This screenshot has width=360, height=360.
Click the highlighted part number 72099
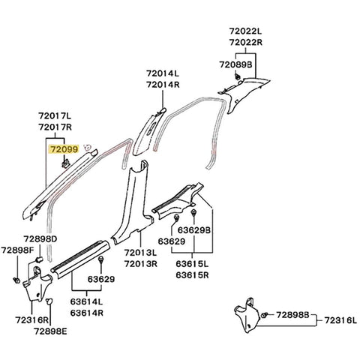click(x=62, y=149)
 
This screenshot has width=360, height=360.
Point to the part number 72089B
click(x=235, y=65)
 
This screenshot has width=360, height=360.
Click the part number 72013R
click(x=141, y=263)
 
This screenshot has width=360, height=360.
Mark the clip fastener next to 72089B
click(x=237, y=77)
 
